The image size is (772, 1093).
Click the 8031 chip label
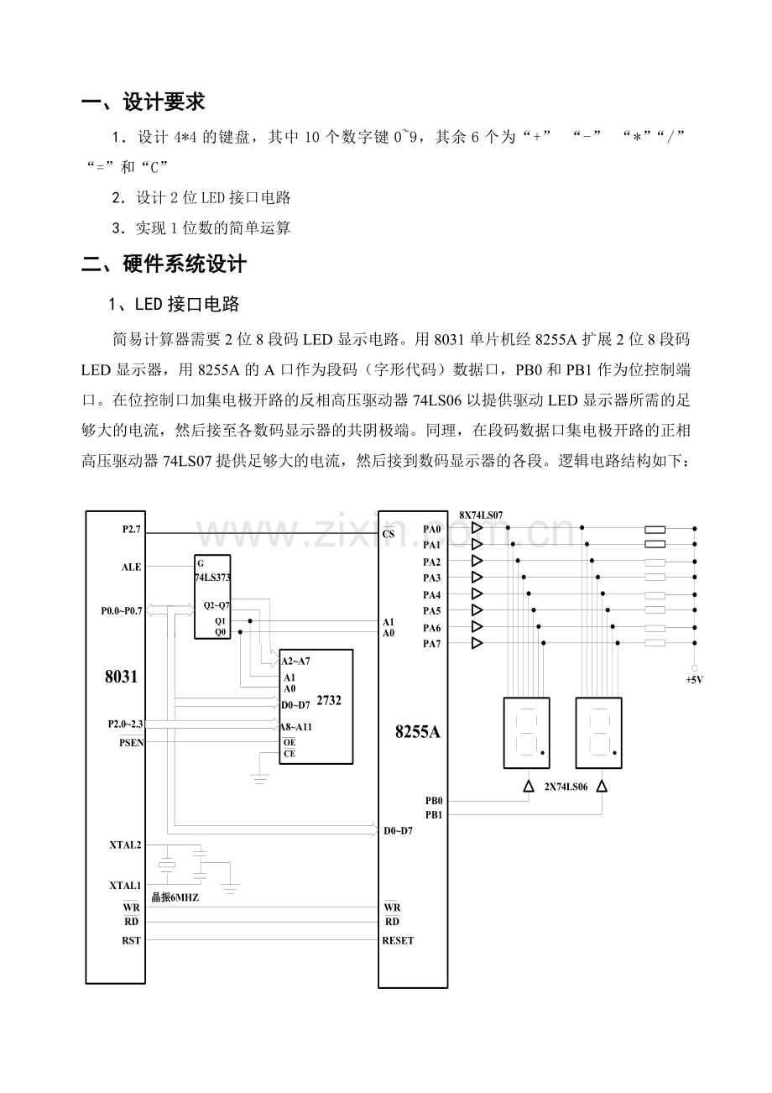click(x=121, y=676)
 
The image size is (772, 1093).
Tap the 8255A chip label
click(x=418, y=731)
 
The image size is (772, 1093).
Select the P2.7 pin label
click(x=132, y=531)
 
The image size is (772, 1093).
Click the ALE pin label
click(x=131, y=567)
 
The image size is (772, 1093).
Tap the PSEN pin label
click(x=131, y=743)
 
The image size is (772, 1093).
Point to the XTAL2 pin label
click(x=125, y=845)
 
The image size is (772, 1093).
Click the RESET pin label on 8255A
click(x=398, y=940)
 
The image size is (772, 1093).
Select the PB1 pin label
click(x=433, y=814)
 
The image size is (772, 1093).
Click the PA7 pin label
click(x=431, y=643)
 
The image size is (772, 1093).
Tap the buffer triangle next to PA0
click(x=477, y=529)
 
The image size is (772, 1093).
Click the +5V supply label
click(x=694, y=680)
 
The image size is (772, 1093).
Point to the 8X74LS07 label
click(x=481, y=515)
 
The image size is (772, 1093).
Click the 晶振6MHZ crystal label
click(x=175, y=897)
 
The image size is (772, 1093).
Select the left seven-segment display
click(x=526, y=732)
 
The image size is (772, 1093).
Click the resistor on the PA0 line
click(x=655, y=530)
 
